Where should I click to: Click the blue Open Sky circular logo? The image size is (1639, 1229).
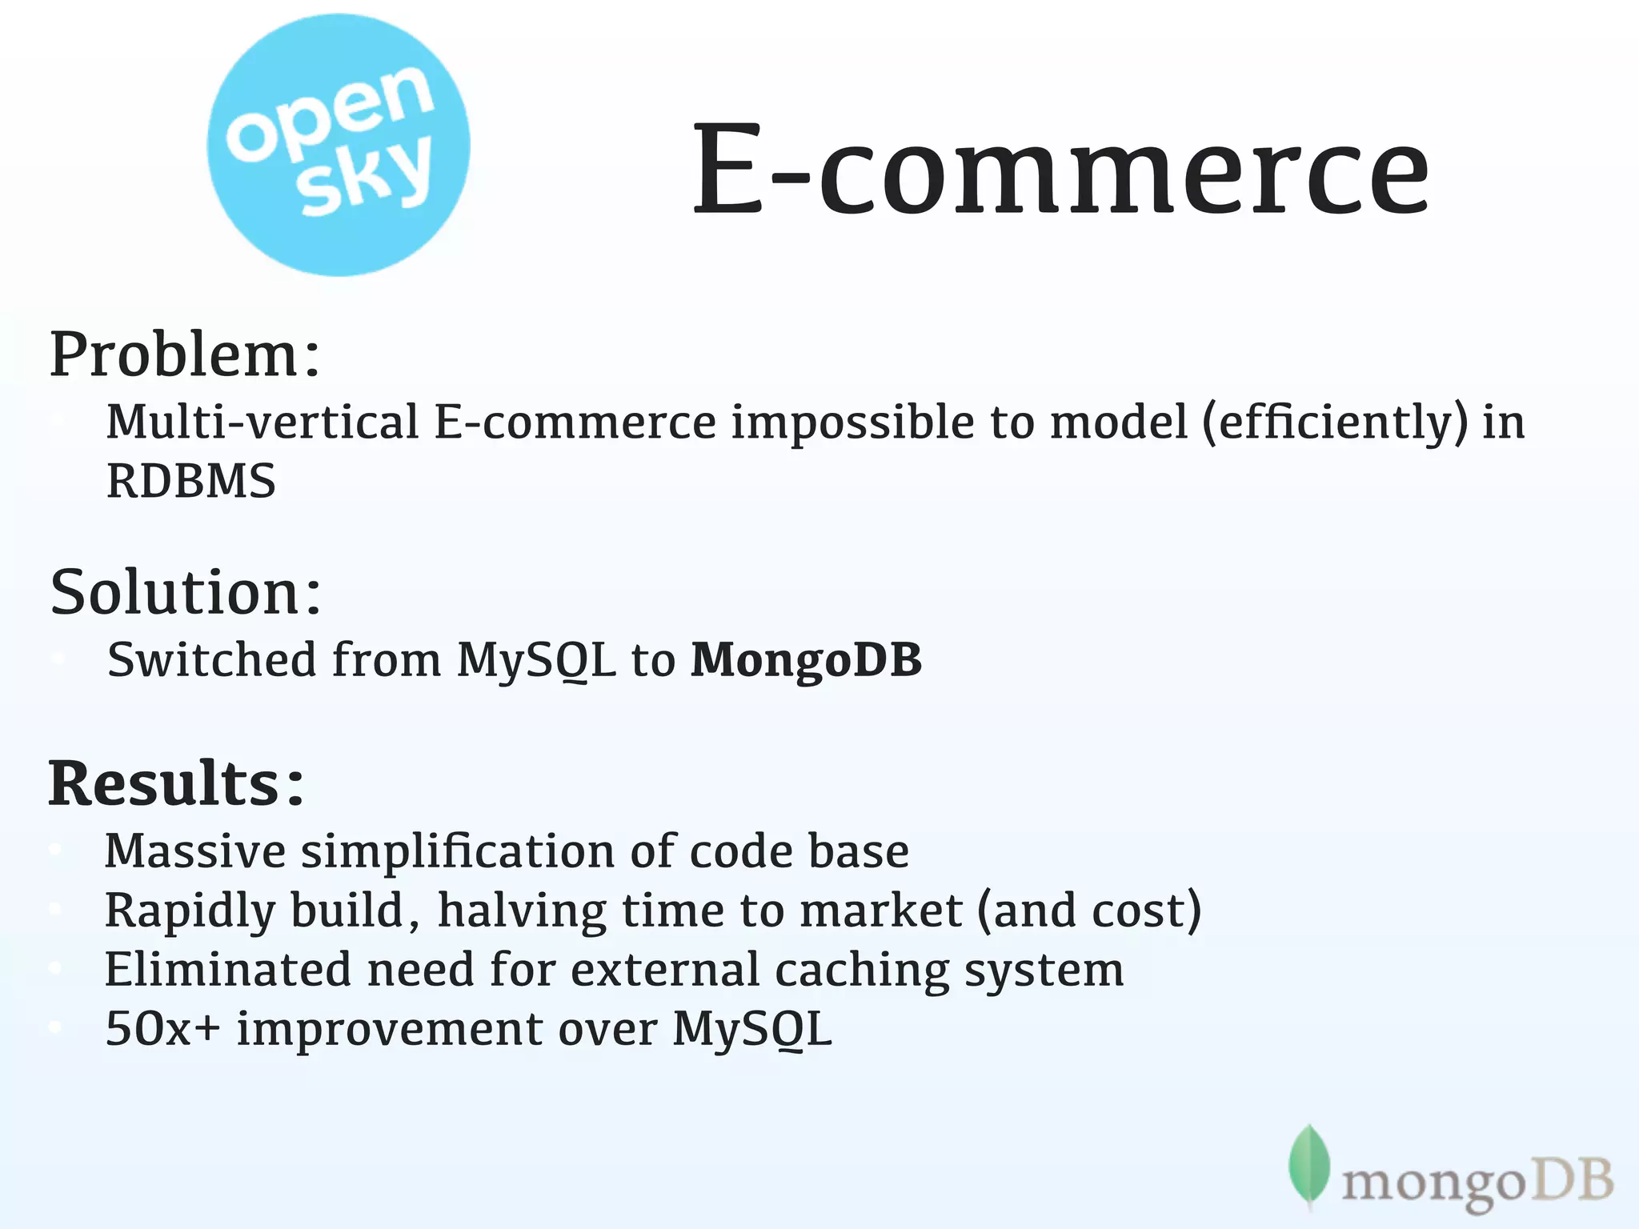coord(338,146)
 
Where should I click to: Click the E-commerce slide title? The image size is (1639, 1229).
coord(1060,170)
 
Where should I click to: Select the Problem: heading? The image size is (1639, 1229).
coord(185,354)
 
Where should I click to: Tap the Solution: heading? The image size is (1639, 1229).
coord(186,593)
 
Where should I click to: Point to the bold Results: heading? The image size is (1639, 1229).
coord(177,783)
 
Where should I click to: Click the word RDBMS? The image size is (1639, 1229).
coord(191,482)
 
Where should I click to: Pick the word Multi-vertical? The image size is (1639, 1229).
coord(262,422)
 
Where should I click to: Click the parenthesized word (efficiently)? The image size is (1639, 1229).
coord(1335,423)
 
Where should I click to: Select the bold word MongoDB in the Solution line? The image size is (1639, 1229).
coord(806,660)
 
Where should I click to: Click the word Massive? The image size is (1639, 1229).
coord(194,851)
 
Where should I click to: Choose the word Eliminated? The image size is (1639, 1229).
coord(228,970)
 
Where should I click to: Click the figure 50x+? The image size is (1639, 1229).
coord(162,1029)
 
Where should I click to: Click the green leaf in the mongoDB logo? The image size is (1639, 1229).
coord(1309,1164)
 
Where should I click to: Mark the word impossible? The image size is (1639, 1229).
coord(852,423)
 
